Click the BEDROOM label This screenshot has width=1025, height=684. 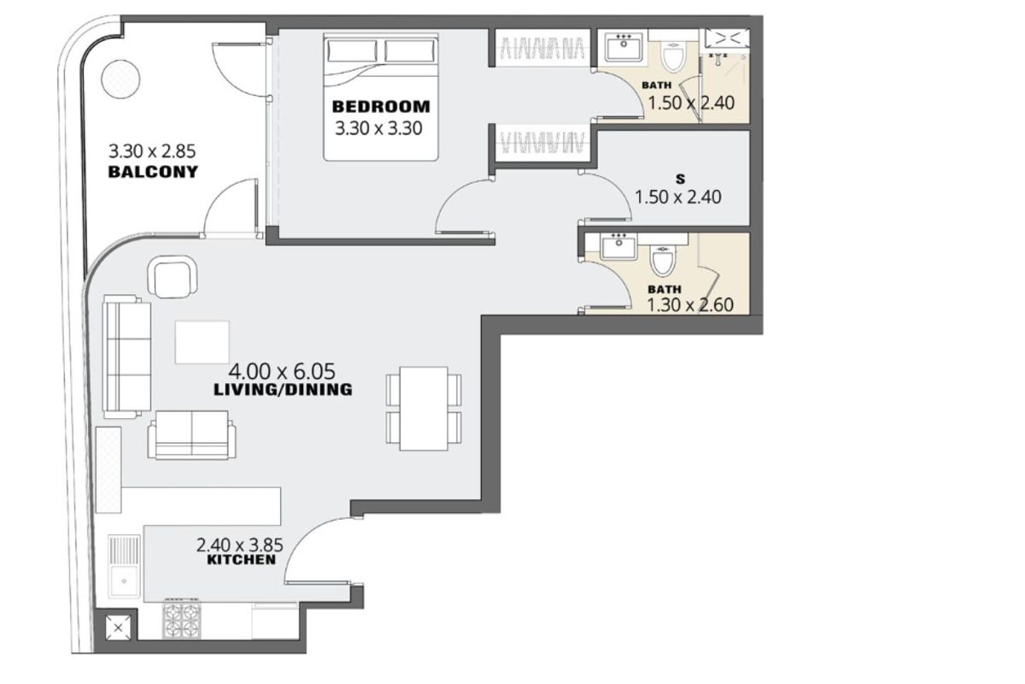coord(381,107)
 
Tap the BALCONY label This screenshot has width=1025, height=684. coord(153,172)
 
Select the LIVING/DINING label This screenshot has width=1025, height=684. coord(283,390)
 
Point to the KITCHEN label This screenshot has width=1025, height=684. coord(241,559)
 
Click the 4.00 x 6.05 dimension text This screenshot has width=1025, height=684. coord(282,371)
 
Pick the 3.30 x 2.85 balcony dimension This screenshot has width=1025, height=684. coord(152,150)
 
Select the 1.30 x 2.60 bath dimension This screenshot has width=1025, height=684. coord(690,305)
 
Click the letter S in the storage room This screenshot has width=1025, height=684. coord(681,180)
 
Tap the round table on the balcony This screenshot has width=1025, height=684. coord(120,79)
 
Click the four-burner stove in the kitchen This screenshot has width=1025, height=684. coord(182,619)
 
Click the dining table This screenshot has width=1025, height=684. coord(424,409)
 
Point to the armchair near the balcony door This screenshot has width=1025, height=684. coord(173,277)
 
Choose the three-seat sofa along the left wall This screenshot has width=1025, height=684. coord(126,357)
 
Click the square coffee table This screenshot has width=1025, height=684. coord(202,342)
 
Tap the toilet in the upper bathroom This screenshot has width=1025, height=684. coord(673,56)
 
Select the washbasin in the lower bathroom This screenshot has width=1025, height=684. coord(618,246)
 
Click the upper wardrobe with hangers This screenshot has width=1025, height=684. coord(542,48)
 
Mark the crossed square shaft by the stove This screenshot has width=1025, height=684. coord(118,628)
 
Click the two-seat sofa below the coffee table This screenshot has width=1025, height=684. coord(191,435)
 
